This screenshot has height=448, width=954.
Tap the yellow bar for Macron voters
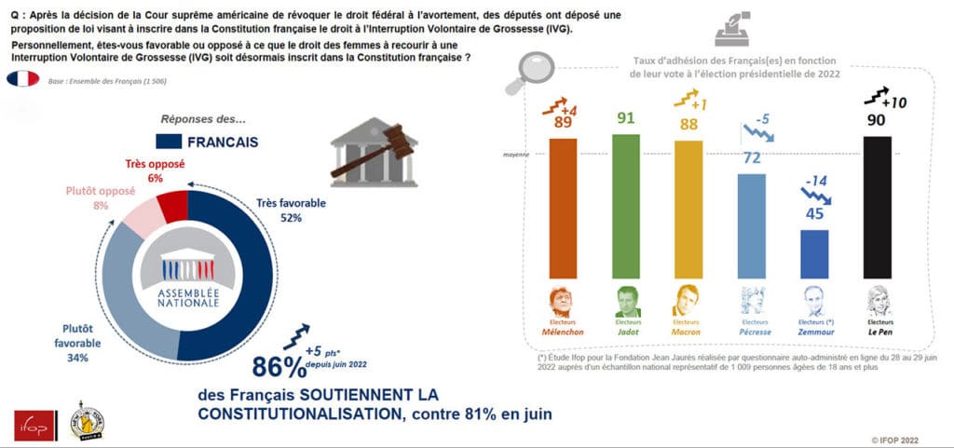click(688, 206)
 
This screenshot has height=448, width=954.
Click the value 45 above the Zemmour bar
click(814, 213)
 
